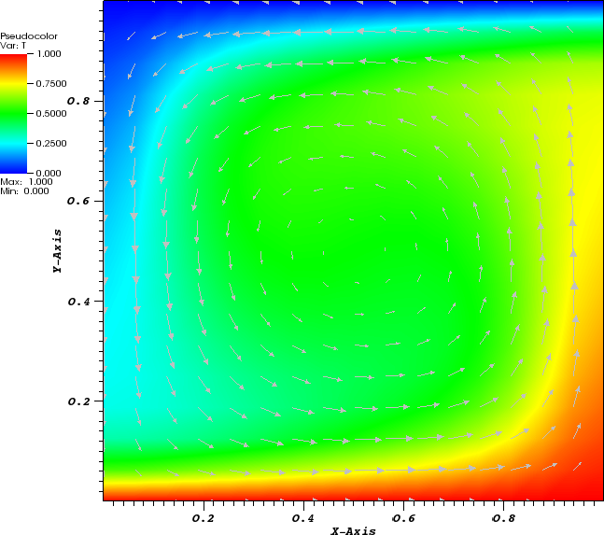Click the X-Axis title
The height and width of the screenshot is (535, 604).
[353, 530]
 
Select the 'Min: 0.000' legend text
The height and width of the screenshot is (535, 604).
[20, 190]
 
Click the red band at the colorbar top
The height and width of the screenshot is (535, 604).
[13, 58]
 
